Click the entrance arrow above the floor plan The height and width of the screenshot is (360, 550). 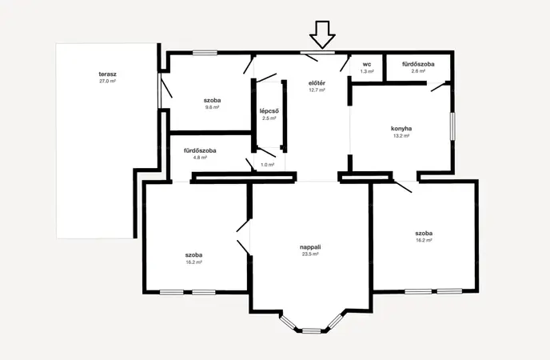click(322, 34)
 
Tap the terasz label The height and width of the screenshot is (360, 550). click(107, 74)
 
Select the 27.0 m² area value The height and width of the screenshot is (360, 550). click(107, 81)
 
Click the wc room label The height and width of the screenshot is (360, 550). click(367, 65)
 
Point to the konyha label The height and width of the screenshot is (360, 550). click(401, 129)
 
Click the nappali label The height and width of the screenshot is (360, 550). click(310, 247)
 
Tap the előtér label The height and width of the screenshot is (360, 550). click(317, 83)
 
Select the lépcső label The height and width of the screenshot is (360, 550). click(269, 111)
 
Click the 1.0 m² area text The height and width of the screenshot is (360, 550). click(268, 165)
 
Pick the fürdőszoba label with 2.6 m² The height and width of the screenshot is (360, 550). click(418, 64)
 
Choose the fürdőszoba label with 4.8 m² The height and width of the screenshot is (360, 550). click(200, 150)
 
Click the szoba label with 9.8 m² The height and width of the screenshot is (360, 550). click(212, 100)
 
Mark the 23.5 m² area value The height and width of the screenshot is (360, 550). click(310, 254)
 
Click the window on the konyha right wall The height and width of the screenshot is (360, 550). click(452, 126)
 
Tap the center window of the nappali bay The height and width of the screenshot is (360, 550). click(312, 330)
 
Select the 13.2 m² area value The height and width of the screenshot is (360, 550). click(401, 136)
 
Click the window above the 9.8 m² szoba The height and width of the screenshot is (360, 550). click(205, 53)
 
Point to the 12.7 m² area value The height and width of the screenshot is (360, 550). click(317, 90)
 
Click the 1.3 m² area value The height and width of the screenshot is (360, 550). click(367, 71)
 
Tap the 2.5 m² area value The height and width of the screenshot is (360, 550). click(269, 118)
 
